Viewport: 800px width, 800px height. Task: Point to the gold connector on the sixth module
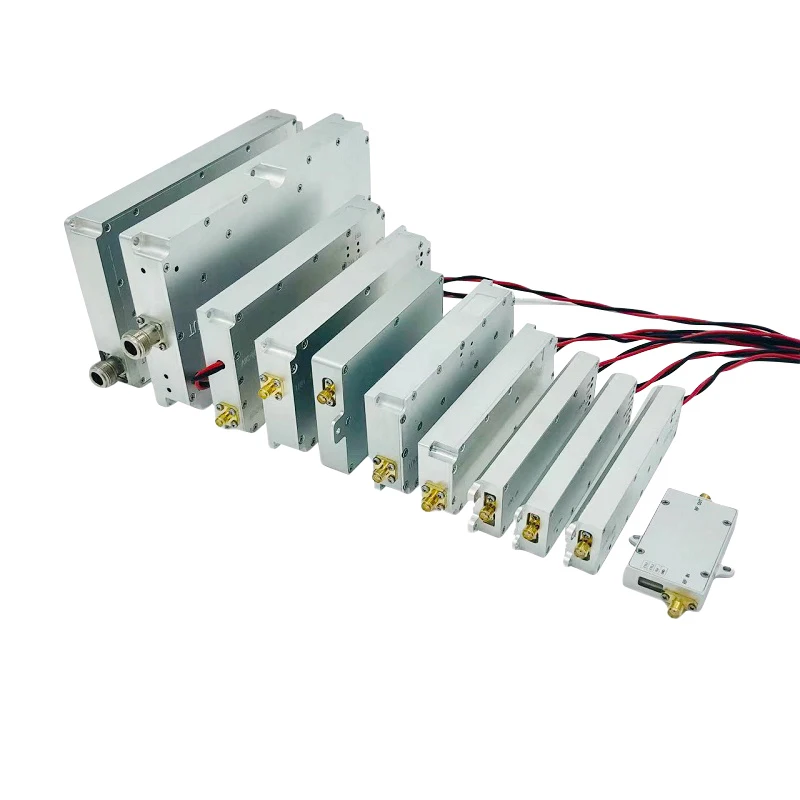pos(383,467)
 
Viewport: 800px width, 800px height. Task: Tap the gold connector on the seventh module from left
pos(433,496)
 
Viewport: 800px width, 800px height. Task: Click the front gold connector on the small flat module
pos(676,603)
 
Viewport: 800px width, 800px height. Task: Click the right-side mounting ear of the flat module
pos(729,572)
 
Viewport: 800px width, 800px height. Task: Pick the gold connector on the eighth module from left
pos(488,513)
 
